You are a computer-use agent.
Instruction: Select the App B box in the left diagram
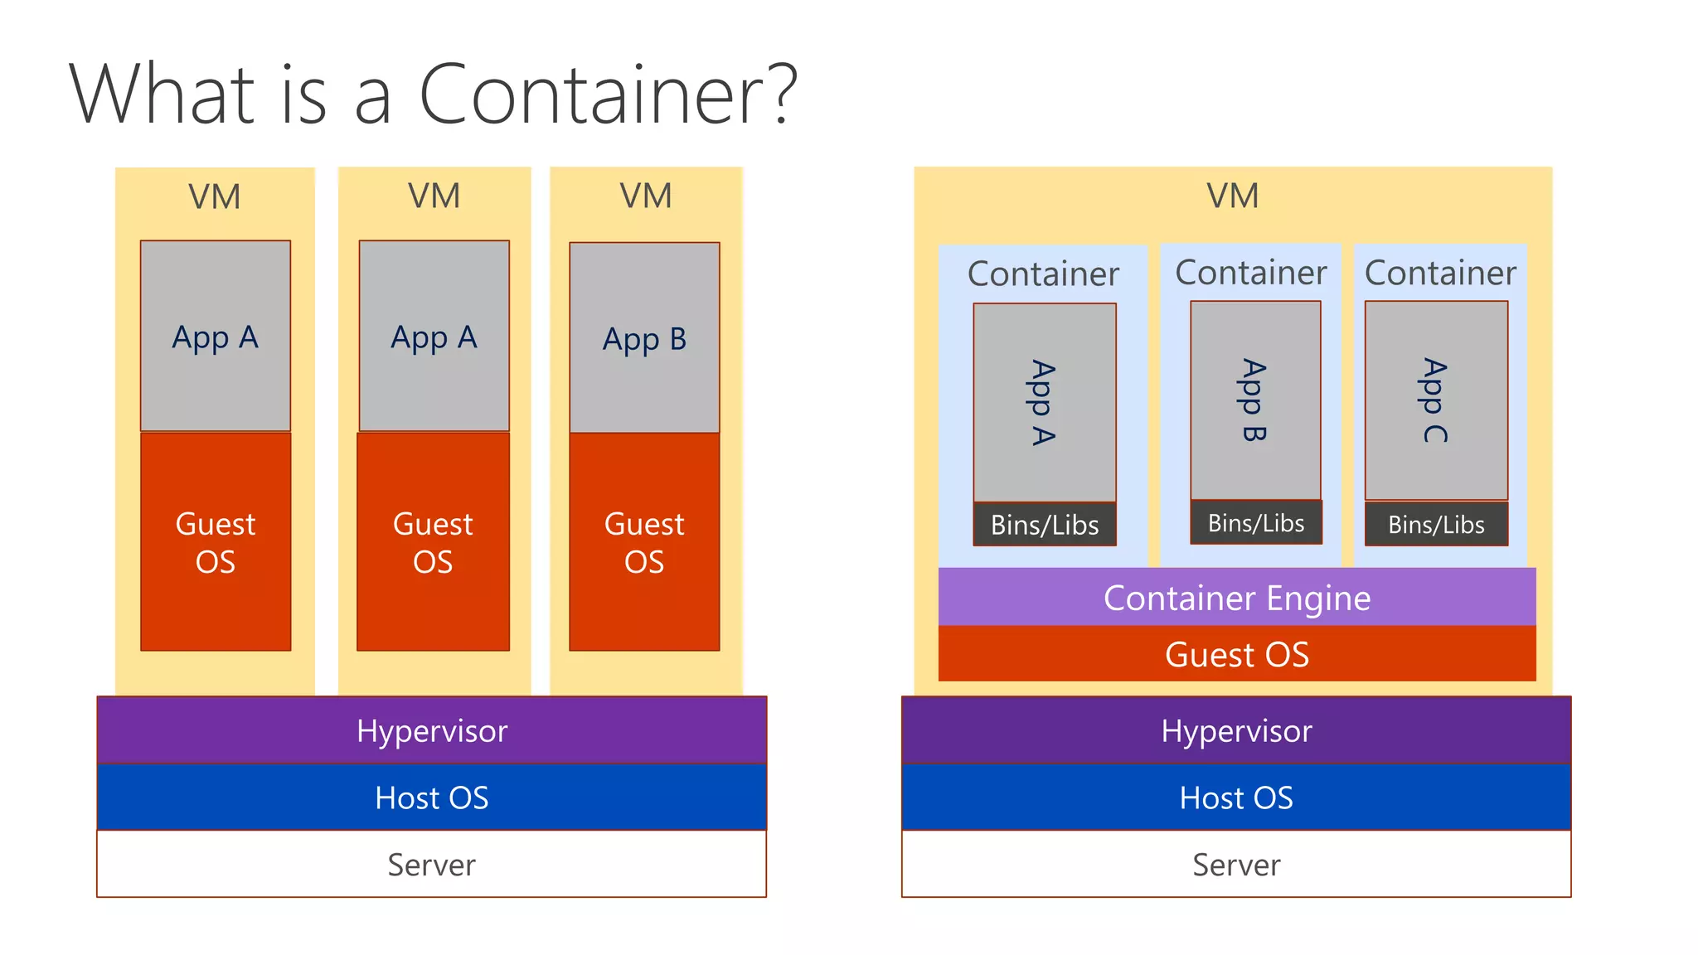(644, 337)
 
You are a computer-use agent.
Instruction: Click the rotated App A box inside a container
(1045, 402)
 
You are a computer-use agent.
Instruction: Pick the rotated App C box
(1436, 400)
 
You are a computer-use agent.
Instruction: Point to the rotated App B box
(1255, 400)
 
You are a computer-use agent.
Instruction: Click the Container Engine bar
(1236, 598)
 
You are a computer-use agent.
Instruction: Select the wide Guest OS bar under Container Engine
(1236, 654)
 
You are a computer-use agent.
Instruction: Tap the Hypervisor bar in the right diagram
(1236, 730)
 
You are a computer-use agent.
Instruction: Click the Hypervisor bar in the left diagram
(431, 730)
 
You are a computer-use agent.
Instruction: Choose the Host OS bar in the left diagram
(431, 797)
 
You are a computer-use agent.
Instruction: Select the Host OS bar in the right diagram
(1236, 797)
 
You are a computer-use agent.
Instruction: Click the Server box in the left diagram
(431, 865)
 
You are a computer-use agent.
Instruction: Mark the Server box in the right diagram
(1236, 865)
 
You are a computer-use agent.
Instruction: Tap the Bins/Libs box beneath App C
(1436, 524)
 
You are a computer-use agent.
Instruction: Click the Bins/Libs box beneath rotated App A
(1045, 525)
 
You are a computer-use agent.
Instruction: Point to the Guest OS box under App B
(644, 542)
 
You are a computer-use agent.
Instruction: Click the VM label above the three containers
(1232, 196)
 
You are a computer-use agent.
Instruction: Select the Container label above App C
(1440, 273)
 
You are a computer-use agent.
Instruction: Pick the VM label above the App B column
(646, 196)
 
